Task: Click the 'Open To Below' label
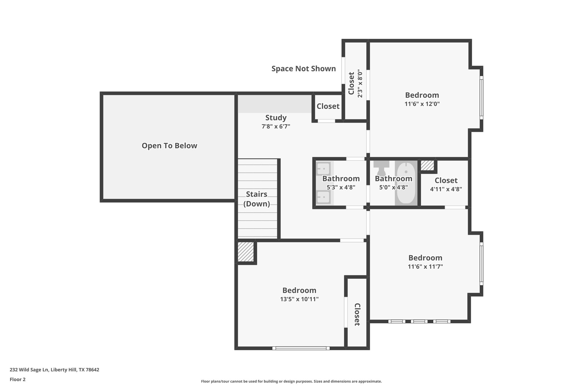pos(169,146)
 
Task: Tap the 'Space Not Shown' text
pos(303,69)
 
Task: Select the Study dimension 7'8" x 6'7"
pos(276,127)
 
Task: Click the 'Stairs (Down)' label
pos(256,199)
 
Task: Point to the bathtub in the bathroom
pos(406,183)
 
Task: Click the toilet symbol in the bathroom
pos(381,168)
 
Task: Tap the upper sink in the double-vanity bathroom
pos(323,169)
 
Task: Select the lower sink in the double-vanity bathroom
pos(323,197)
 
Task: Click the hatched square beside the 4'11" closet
pos(427,166)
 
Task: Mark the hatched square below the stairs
pos(246,252)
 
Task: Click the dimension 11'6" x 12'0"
pos(422,104)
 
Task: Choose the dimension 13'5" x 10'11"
pos(299,299)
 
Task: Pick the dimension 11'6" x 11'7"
pos(425,267)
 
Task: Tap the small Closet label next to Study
pos(328,106)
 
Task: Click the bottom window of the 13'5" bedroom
pos(301,348)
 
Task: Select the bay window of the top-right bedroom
pos(481,99)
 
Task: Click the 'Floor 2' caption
pos(18,379)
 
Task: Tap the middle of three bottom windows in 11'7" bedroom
pos(419,321)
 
